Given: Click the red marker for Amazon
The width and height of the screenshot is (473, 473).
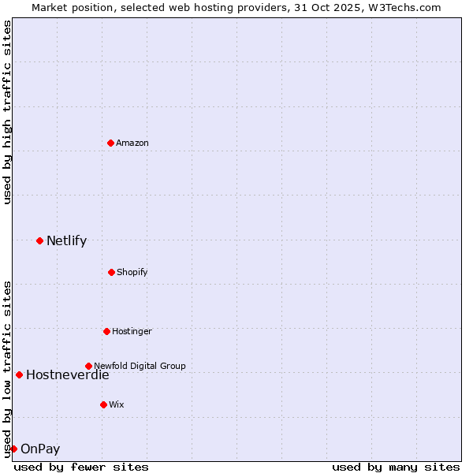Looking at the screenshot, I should point(110,143).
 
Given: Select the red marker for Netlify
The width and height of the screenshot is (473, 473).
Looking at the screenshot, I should point(39,240).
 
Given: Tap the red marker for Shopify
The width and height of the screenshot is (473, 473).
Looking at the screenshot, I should point(111,272).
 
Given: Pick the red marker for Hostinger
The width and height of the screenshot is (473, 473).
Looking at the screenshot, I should point(106,331).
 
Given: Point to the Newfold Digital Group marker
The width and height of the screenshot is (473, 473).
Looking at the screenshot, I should point(88,366).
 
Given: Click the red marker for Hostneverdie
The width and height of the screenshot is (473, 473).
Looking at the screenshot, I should point(19,374).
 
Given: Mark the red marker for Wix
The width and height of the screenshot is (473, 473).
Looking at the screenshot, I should point(103,404).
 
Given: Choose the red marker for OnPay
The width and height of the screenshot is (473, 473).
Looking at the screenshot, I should point(13,449).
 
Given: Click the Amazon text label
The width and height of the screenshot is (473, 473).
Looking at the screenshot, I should point(132,143).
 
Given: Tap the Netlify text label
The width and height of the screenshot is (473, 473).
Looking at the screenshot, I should point(66,241).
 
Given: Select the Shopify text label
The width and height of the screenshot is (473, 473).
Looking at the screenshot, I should point(132,272).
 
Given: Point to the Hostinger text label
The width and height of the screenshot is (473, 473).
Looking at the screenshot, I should point(132,331).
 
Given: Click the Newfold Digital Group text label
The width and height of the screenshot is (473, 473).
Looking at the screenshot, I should point(140,366).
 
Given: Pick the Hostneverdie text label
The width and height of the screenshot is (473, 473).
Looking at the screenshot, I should point(67,375).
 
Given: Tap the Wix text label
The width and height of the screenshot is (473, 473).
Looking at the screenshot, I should point(117,404).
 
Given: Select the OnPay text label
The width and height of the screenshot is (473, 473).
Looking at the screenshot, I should point(40,449).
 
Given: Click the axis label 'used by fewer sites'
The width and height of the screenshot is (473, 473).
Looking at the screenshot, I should point(81,467).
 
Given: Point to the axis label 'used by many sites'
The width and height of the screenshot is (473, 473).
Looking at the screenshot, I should point(396,467).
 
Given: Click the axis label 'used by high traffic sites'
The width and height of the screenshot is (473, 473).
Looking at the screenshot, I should point(7,112).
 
